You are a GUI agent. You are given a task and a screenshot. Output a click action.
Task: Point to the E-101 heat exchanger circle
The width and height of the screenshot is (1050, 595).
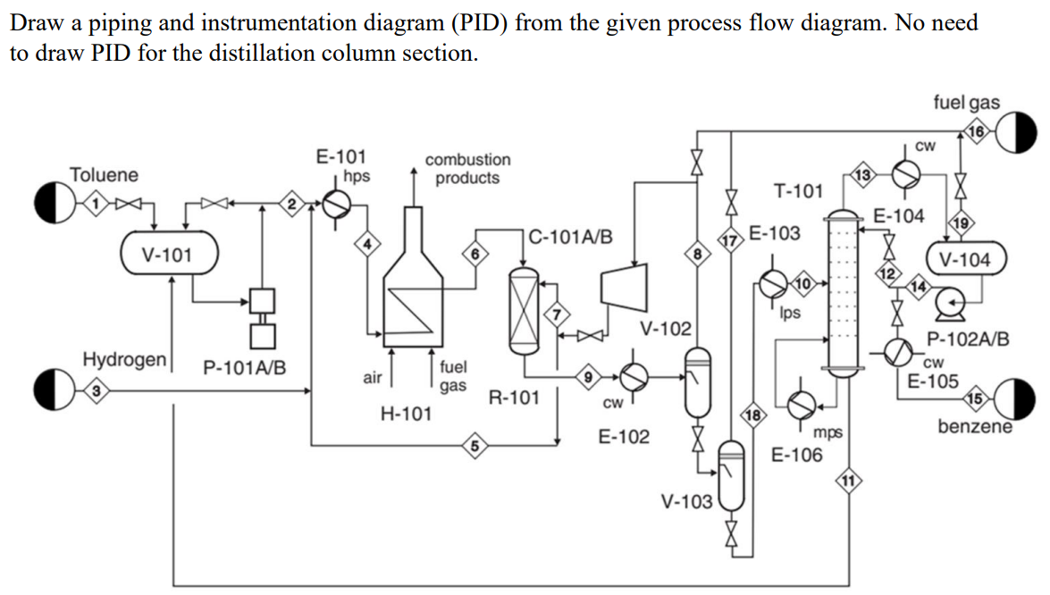click(x=337, y=205)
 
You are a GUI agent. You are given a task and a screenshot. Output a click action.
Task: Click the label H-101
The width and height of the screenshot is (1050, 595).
click(x=406, y=414)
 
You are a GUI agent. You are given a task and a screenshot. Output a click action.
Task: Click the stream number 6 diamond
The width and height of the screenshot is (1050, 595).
click(x=476, y=253)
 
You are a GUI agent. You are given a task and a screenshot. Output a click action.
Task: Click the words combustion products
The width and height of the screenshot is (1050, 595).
click(x=467, y=168)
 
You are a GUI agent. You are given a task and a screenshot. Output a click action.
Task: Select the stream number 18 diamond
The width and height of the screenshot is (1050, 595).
click(x=752, y=415)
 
